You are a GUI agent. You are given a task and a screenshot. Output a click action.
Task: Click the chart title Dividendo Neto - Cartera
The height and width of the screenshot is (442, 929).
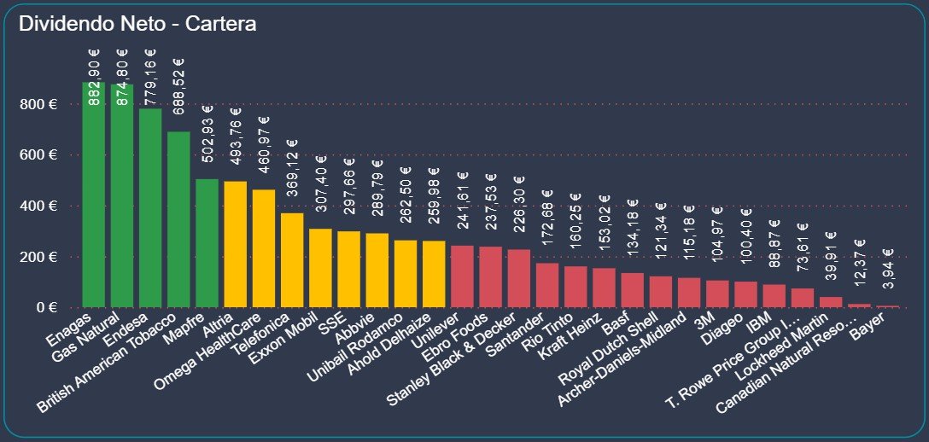(x=137, y=24)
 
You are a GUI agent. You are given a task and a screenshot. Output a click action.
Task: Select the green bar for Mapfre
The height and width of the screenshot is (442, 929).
(x=207, y=243)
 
